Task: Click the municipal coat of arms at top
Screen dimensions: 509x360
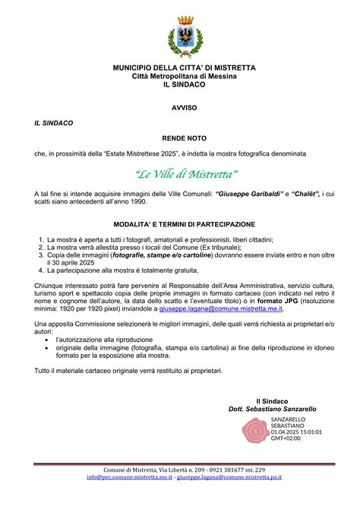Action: point(184,36)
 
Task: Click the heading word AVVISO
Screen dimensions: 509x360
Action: point(184,108)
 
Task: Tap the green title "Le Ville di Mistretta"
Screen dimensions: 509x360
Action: point(186,174)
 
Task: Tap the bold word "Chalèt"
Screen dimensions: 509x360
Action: point(305,194)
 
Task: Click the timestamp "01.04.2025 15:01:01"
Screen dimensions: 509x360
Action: point(296,432)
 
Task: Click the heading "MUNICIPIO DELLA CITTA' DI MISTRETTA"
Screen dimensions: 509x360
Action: point(184,68)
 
